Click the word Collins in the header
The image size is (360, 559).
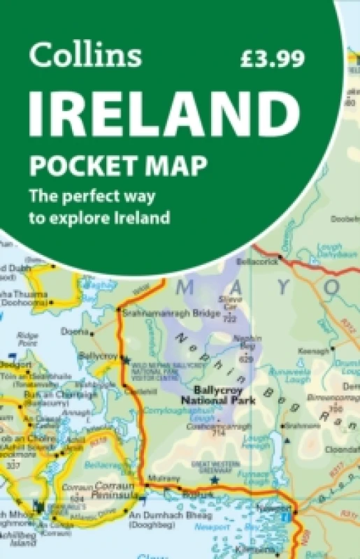click(85, 55)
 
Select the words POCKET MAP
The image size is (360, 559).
click(117, 167)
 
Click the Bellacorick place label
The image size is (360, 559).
click(258, 261)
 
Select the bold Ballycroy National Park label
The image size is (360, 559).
click(219, 395)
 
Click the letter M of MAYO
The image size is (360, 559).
click(182, 286)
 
